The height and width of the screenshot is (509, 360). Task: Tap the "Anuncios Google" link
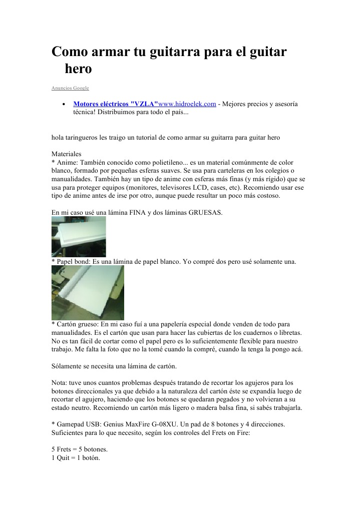[x=70, y=88]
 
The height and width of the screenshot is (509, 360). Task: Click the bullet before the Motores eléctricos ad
[x=64, y=105]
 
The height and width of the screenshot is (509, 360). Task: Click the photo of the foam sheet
[x=79, y=236]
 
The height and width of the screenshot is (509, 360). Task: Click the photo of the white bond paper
[x=88, y=293]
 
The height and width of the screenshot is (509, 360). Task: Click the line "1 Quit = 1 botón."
[x=76, y=458]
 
